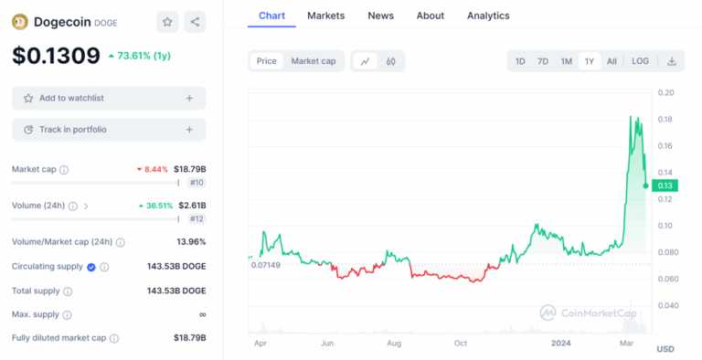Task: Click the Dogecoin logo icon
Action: [20, 21]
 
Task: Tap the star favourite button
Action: [167, 21]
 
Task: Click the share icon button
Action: [195, 21]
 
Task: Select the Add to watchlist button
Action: [109, 98]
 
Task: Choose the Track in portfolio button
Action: [109, 130]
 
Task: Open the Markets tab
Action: [326, 16]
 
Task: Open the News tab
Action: [380, 16]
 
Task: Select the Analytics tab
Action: [488, 16]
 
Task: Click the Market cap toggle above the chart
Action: [313, 61]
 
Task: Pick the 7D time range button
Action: [543, 61]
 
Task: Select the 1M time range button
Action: [566, 61]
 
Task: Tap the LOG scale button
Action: [640, 61]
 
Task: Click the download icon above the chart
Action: [672, 61]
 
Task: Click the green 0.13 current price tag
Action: [665, 185]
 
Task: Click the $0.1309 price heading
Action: [56, 56]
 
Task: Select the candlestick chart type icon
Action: [390, 61]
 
